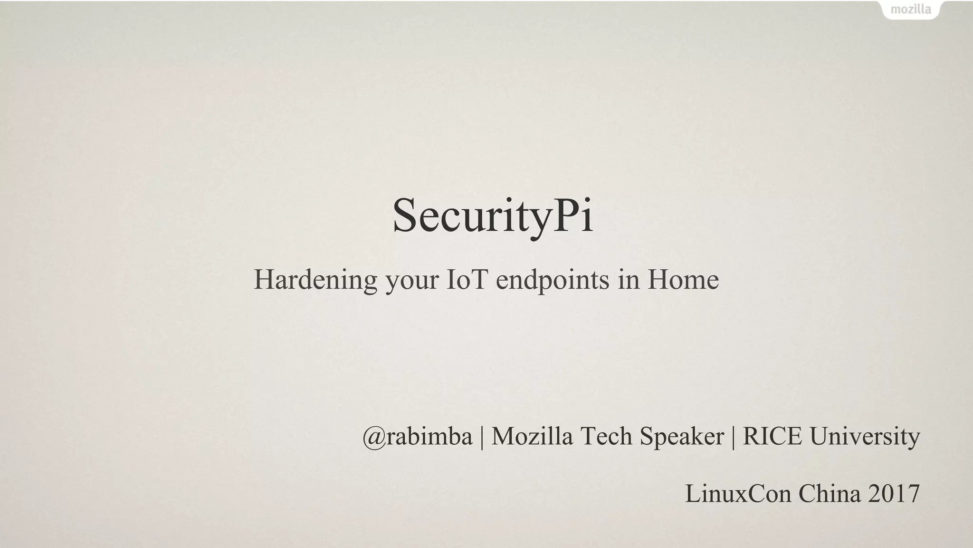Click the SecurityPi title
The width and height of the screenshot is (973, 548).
tap(493, 216)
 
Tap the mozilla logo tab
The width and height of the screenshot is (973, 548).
tap(910, 10)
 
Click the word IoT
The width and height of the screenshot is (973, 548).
tap(467, 279)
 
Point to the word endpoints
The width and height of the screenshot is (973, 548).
tap(553, 280)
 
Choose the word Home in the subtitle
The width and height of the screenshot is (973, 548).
tap(683, 279)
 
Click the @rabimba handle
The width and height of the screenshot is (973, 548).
tap(418, 436)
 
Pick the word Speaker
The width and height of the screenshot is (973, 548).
tap(681, 437)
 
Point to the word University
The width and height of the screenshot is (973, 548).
tap(865, 437)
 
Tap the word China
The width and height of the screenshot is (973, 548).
tap(829, 493)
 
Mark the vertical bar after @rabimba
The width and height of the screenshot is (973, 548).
tap(482, 437)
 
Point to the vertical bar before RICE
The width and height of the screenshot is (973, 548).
tap(733, 437)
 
